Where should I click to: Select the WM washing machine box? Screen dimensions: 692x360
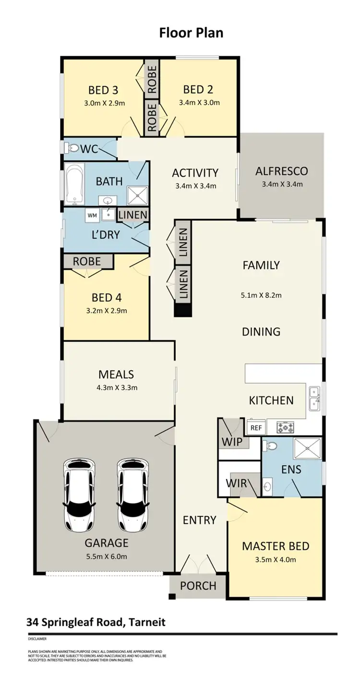[92, 216]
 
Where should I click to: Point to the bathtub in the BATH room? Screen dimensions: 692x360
[74, 184]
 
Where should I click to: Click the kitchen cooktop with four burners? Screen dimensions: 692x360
[286, 426]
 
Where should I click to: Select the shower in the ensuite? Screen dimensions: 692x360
[307, 449]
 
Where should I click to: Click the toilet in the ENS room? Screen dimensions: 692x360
[271, 446]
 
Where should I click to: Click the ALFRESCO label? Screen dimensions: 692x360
[281, 171]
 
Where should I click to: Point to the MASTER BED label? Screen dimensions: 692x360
[275, 546]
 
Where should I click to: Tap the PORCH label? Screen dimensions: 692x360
[198, 586]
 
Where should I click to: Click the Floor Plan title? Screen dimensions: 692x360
[191, 33]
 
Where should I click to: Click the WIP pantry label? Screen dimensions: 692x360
[232, 441]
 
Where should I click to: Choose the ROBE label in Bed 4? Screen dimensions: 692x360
[87, 261]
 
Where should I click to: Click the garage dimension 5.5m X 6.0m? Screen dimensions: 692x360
[106, 557]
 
